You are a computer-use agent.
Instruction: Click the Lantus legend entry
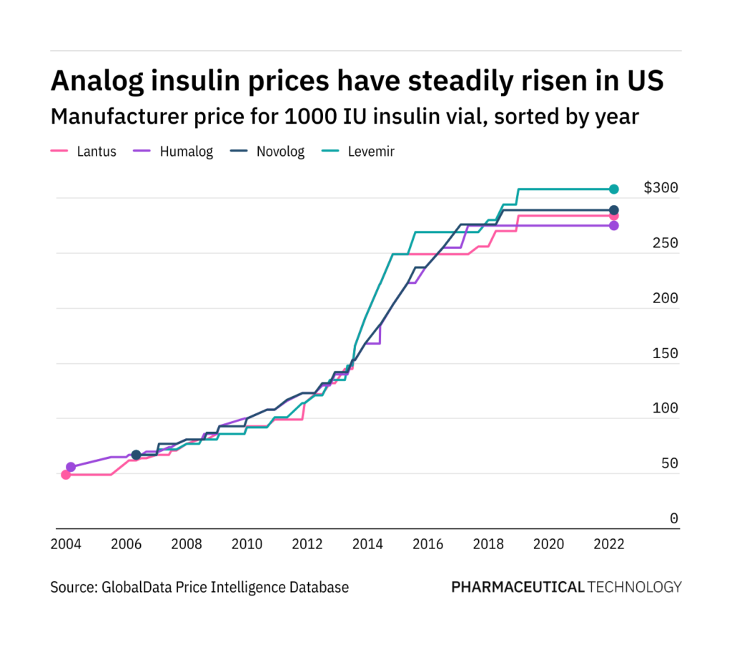tap(96, 152)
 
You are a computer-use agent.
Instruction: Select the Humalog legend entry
tap(184, 152)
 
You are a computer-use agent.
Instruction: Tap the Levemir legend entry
tap(370, 152)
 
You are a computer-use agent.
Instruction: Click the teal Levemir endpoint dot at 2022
tap(613, 189)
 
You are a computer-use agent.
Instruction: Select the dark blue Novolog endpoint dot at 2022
tap(613, 210)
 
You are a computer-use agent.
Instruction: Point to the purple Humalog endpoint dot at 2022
tap(613, 225)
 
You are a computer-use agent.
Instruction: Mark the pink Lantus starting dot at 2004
tap(66, 475)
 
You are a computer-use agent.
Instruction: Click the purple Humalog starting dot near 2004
tap(71, 467)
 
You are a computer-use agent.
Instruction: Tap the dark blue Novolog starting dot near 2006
tap(136, 455)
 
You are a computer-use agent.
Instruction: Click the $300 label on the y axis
tap(661, 188)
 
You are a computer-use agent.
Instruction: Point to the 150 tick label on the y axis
tap(666, 354)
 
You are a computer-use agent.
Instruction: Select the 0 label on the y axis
tap(673, 519)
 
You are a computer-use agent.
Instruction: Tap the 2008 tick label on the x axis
tap(186, 543)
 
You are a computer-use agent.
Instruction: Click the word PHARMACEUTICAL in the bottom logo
tap(518, 588)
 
